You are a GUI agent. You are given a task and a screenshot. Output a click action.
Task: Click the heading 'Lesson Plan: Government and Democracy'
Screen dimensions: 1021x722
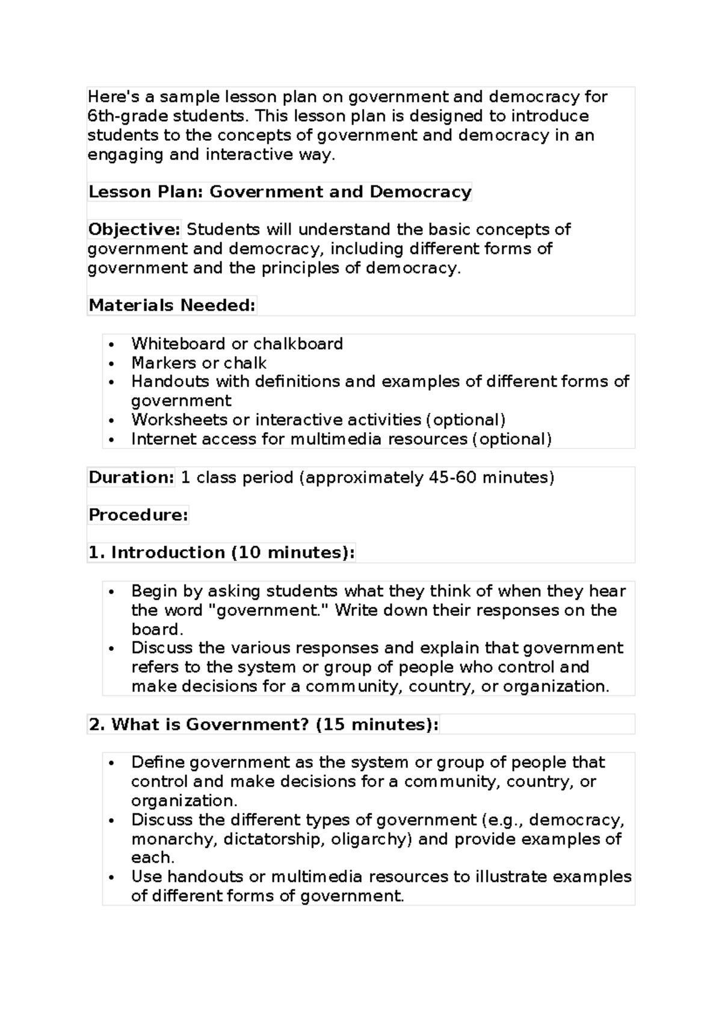(x=280, y=192)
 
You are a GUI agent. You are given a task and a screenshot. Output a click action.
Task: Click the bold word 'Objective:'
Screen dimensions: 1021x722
(x=134, y=229)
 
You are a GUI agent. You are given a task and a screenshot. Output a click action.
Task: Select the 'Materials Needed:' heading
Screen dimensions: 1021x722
(x=172, y=305)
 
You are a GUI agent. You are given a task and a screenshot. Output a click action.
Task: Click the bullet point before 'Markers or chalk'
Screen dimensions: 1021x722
(x=112, y=364)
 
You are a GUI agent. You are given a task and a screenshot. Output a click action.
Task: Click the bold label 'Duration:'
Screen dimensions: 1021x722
(x=131, y=477)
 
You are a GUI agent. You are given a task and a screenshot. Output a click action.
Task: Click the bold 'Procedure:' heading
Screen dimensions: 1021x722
(x=138, y=515)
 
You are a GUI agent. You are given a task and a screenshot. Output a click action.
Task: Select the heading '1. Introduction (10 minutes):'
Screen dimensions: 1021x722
(x=221, y=553)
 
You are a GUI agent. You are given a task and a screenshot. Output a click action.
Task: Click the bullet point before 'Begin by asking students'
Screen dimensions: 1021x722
(x=112, y=592)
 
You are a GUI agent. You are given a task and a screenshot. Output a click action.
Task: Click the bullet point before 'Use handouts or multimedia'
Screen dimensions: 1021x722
(x=112, y=878)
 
